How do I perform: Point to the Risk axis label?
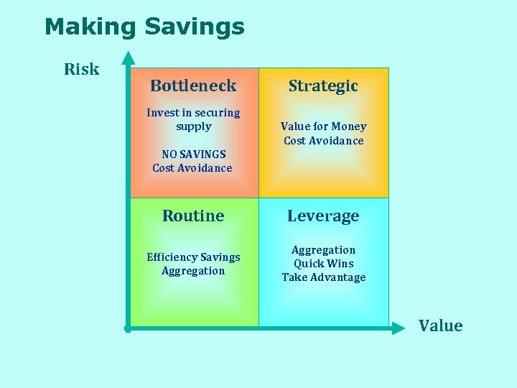coord(81,70)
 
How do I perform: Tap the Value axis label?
coord(440,326)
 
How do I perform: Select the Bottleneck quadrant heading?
coord(193,86)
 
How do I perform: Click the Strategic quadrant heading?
coord(323,86)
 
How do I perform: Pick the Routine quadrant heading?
coord(193,216)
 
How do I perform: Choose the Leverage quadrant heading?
coord(323,216)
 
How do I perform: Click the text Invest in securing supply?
coord(193,119)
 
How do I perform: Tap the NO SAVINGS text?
coord(193,154)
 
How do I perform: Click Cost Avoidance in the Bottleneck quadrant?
coord(192,168)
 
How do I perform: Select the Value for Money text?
coord(323,126)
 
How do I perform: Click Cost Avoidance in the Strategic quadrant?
coord(323,141)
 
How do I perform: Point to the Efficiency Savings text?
coord(193,257)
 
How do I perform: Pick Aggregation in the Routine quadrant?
coord(193,271)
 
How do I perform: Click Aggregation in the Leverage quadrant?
coord(323,250)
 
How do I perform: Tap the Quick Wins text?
coord(323,264)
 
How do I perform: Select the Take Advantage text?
coord(323,277)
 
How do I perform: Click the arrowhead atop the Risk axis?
coord(128,57)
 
